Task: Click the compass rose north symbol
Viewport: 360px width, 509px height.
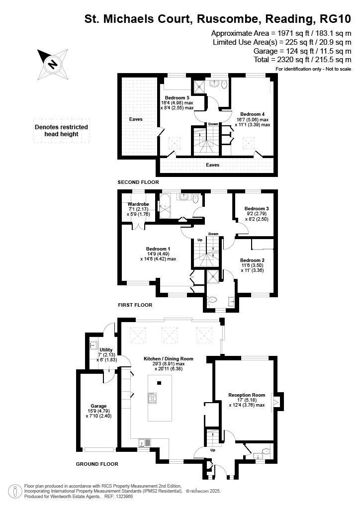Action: click(52, 64)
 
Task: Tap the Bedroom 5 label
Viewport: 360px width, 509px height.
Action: click(177, 97)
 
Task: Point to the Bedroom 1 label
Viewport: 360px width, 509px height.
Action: click(158, 249)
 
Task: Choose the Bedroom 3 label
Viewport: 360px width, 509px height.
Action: click(256, 208)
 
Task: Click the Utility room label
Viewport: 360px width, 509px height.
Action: click(106, 350)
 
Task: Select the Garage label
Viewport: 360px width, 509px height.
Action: click(98, 406)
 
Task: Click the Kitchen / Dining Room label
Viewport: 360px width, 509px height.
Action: click(168, 358)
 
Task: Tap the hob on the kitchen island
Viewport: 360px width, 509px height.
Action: click(152, 398)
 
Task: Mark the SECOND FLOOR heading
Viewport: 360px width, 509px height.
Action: click(138, 182)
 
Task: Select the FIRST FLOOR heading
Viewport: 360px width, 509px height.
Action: click(135, 305)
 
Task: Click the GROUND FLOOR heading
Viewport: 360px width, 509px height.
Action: click(97, 464)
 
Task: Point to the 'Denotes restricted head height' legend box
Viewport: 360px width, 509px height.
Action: click(61, 130)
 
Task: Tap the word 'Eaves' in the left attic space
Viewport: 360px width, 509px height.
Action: click(136, 119)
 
